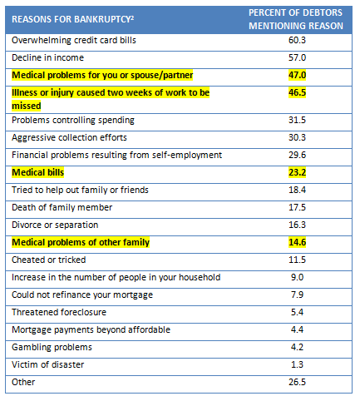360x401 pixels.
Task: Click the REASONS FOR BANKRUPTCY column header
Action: click(x=72, y=19)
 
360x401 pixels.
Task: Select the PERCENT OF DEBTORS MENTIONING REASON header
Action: click(x=296, y=19)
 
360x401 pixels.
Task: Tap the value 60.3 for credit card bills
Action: click(x=297, y=40)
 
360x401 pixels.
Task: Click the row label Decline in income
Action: click(x=47, y=57)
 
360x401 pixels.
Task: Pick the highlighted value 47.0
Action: click(x=297, y=75)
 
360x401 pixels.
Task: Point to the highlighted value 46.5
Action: click(x=297, y=92)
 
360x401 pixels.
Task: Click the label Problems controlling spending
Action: click(x=73, y=121)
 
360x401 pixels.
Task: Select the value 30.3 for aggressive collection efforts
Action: click(x=297, y=137)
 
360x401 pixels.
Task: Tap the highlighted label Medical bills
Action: click(x=38, y=172)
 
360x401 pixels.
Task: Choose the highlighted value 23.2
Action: click(x=297, y=172)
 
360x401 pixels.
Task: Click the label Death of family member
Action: click(x=62, y=207)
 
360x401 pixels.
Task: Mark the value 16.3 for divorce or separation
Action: click(x=297, y=225)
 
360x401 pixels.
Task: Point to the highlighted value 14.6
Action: click(x=297, y=242)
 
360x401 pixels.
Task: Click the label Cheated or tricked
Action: click(x=49, y=260)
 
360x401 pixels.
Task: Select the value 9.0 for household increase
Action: click(x=297, y=277)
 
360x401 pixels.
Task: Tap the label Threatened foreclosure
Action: click(x=59, y=312)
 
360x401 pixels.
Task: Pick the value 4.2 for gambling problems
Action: click(x=297, y=347)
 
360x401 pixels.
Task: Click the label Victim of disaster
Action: click(x=47, y=364)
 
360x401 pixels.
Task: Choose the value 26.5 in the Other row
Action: click(x=297, y=382)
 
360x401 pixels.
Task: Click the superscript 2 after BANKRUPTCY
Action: click(x=132, y=17)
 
